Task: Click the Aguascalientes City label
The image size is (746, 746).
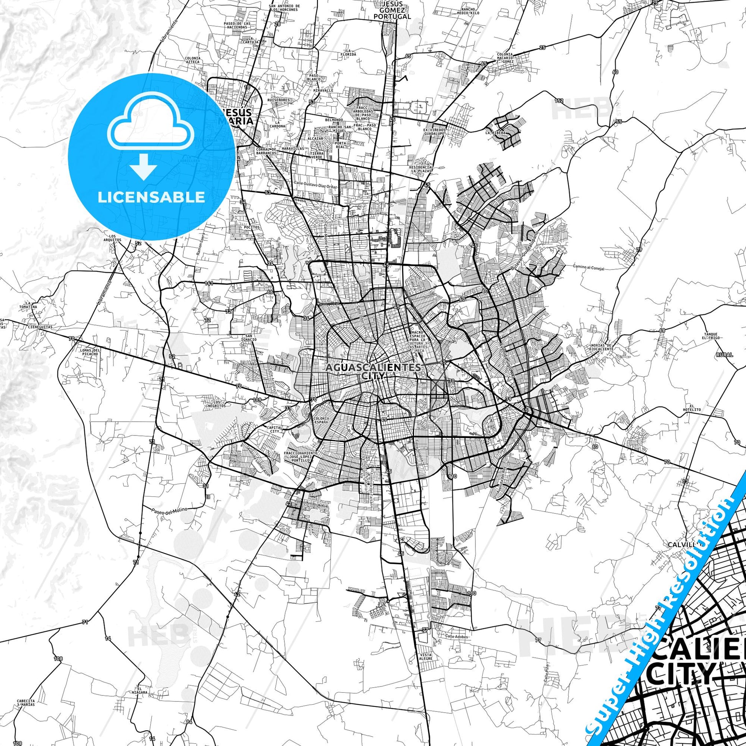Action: pyautogui.click(x=373, y=371)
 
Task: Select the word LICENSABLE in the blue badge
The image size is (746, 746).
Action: pyautogui.click(x=151, y=197)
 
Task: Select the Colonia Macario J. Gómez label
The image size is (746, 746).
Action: pyautogui.click(x=505, y=58)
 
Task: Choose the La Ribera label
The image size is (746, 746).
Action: pyautogui.click(x=495, y=133)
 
